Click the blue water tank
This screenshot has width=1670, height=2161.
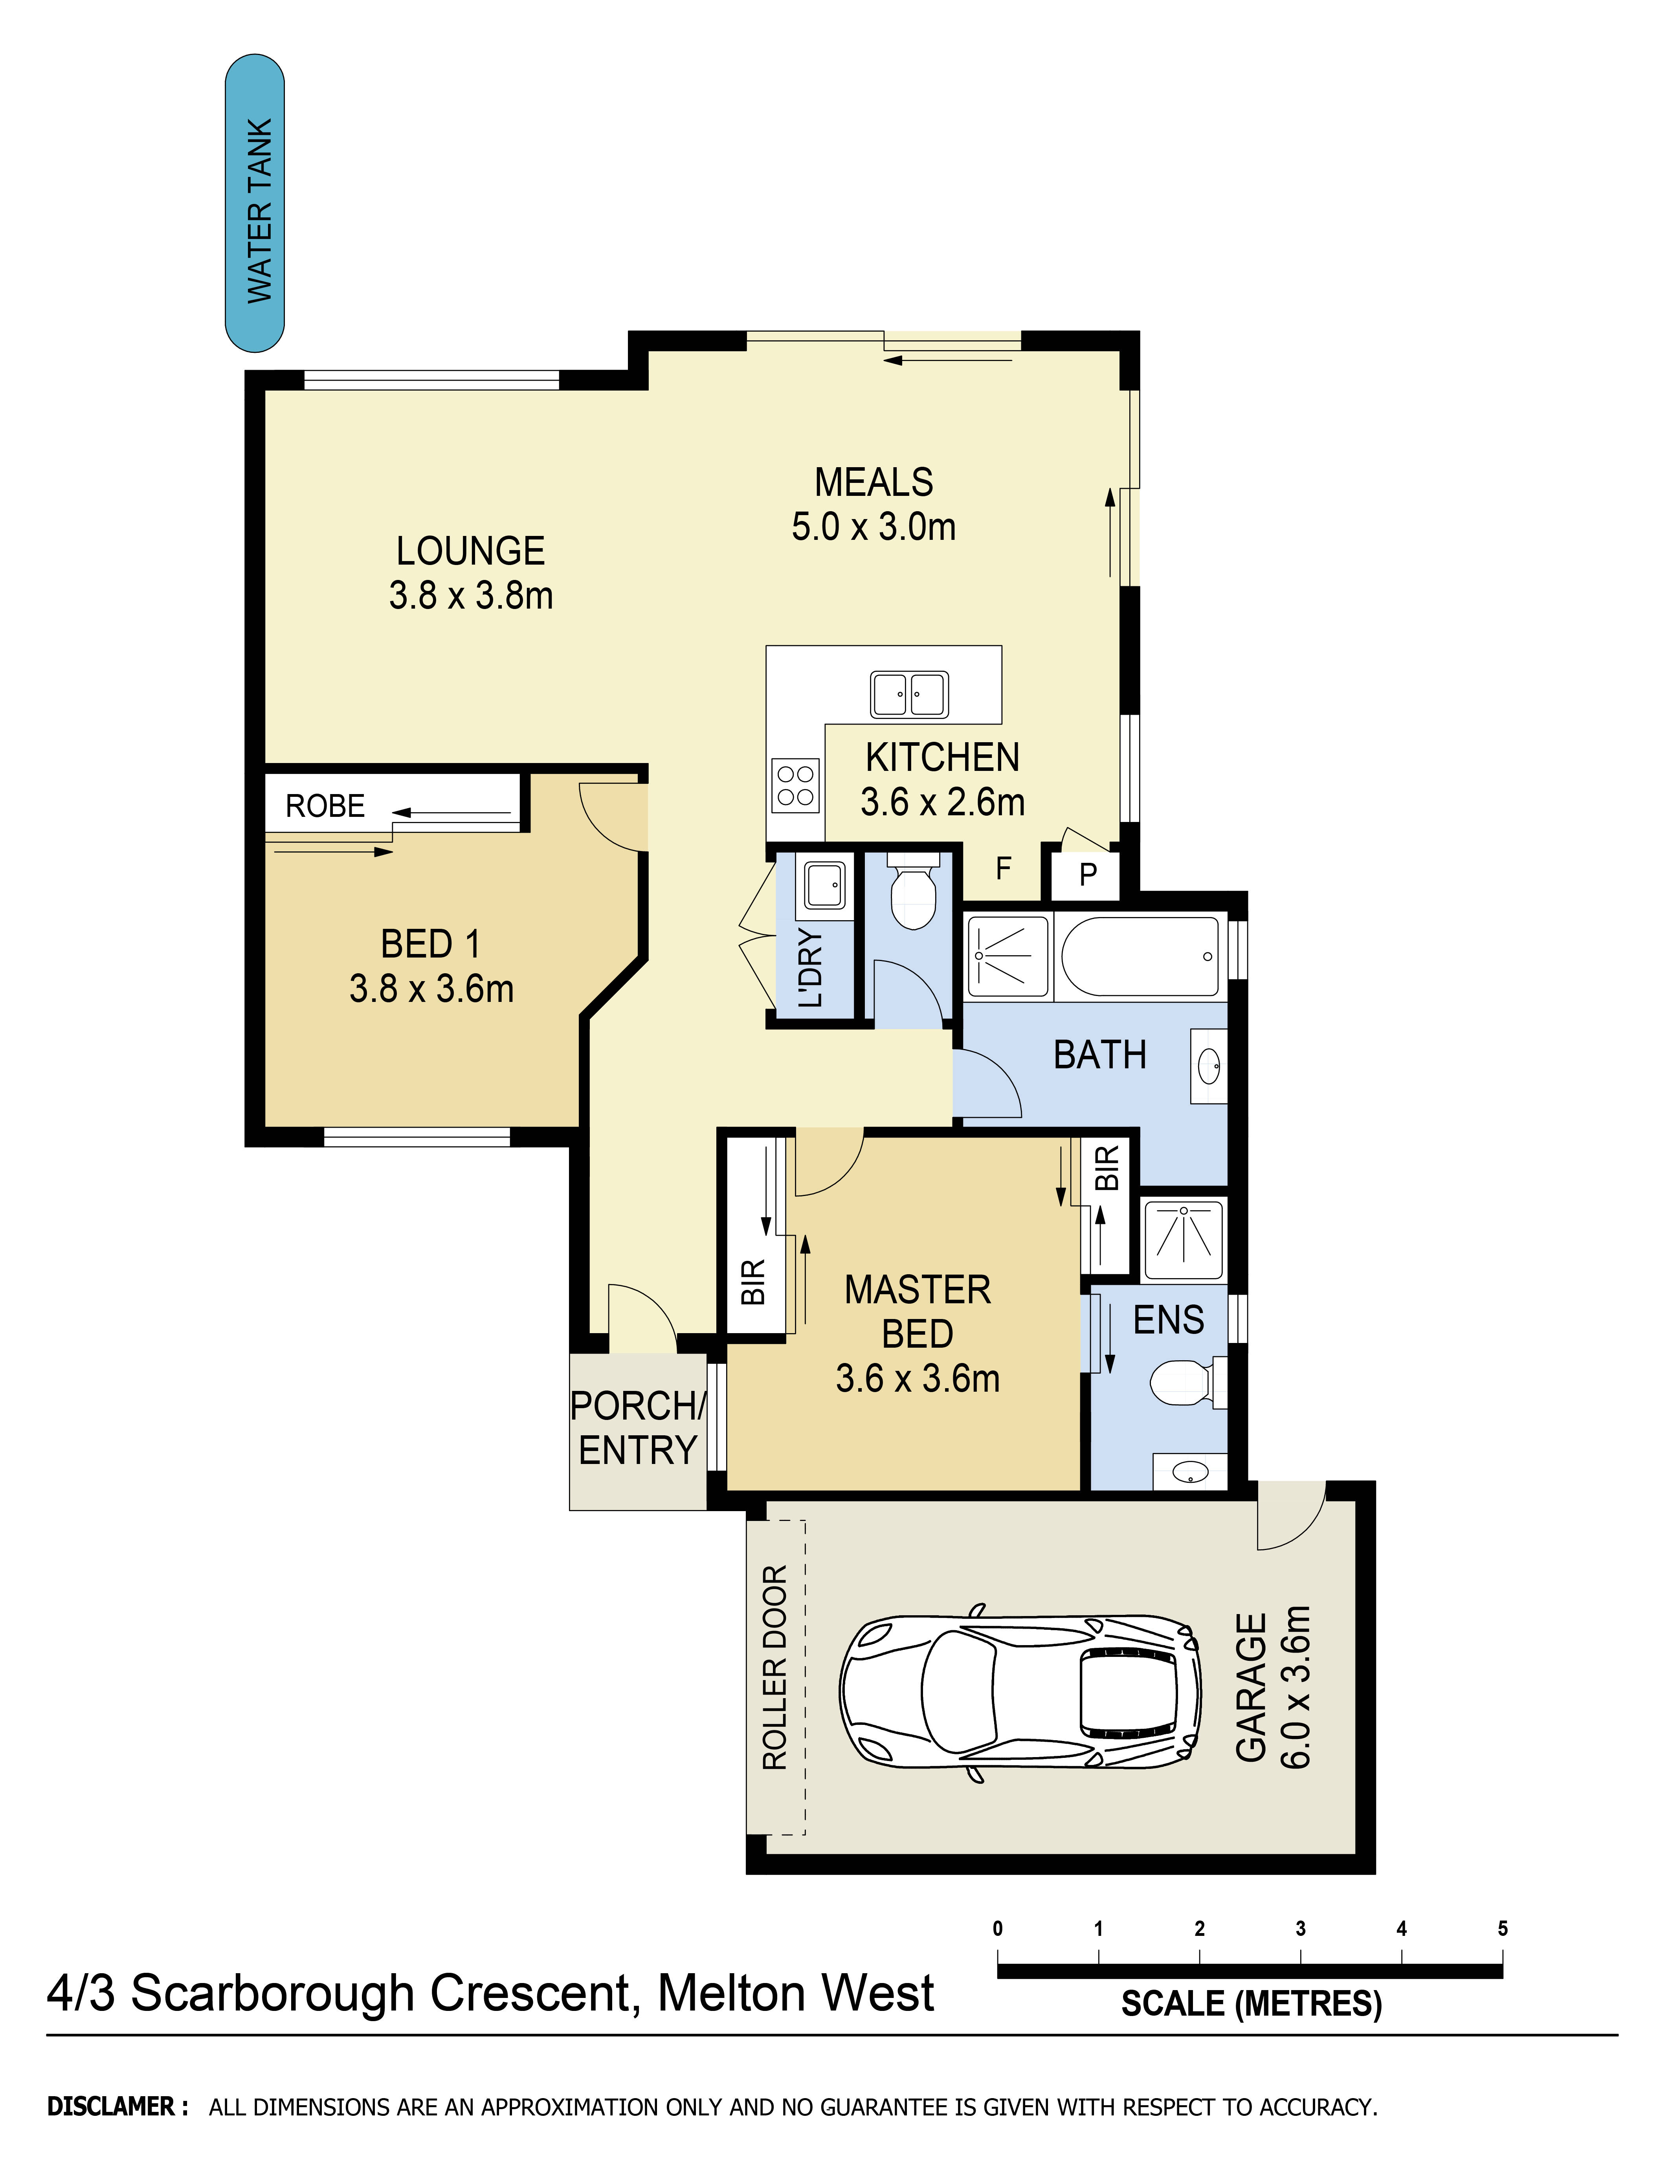click(x=255, y=203)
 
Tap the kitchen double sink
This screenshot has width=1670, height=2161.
click(x=909, y=693)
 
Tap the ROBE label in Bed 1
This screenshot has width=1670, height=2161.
click(x=325, y=806)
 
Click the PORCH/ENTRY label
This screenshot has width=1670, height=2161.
click(x=638, y=1428)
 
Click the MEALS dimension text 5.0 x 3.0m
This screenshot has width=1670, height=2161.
click(x=874, y=526)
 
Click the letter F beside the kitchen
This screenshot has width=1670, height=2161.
click(x=1003, y=869)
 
